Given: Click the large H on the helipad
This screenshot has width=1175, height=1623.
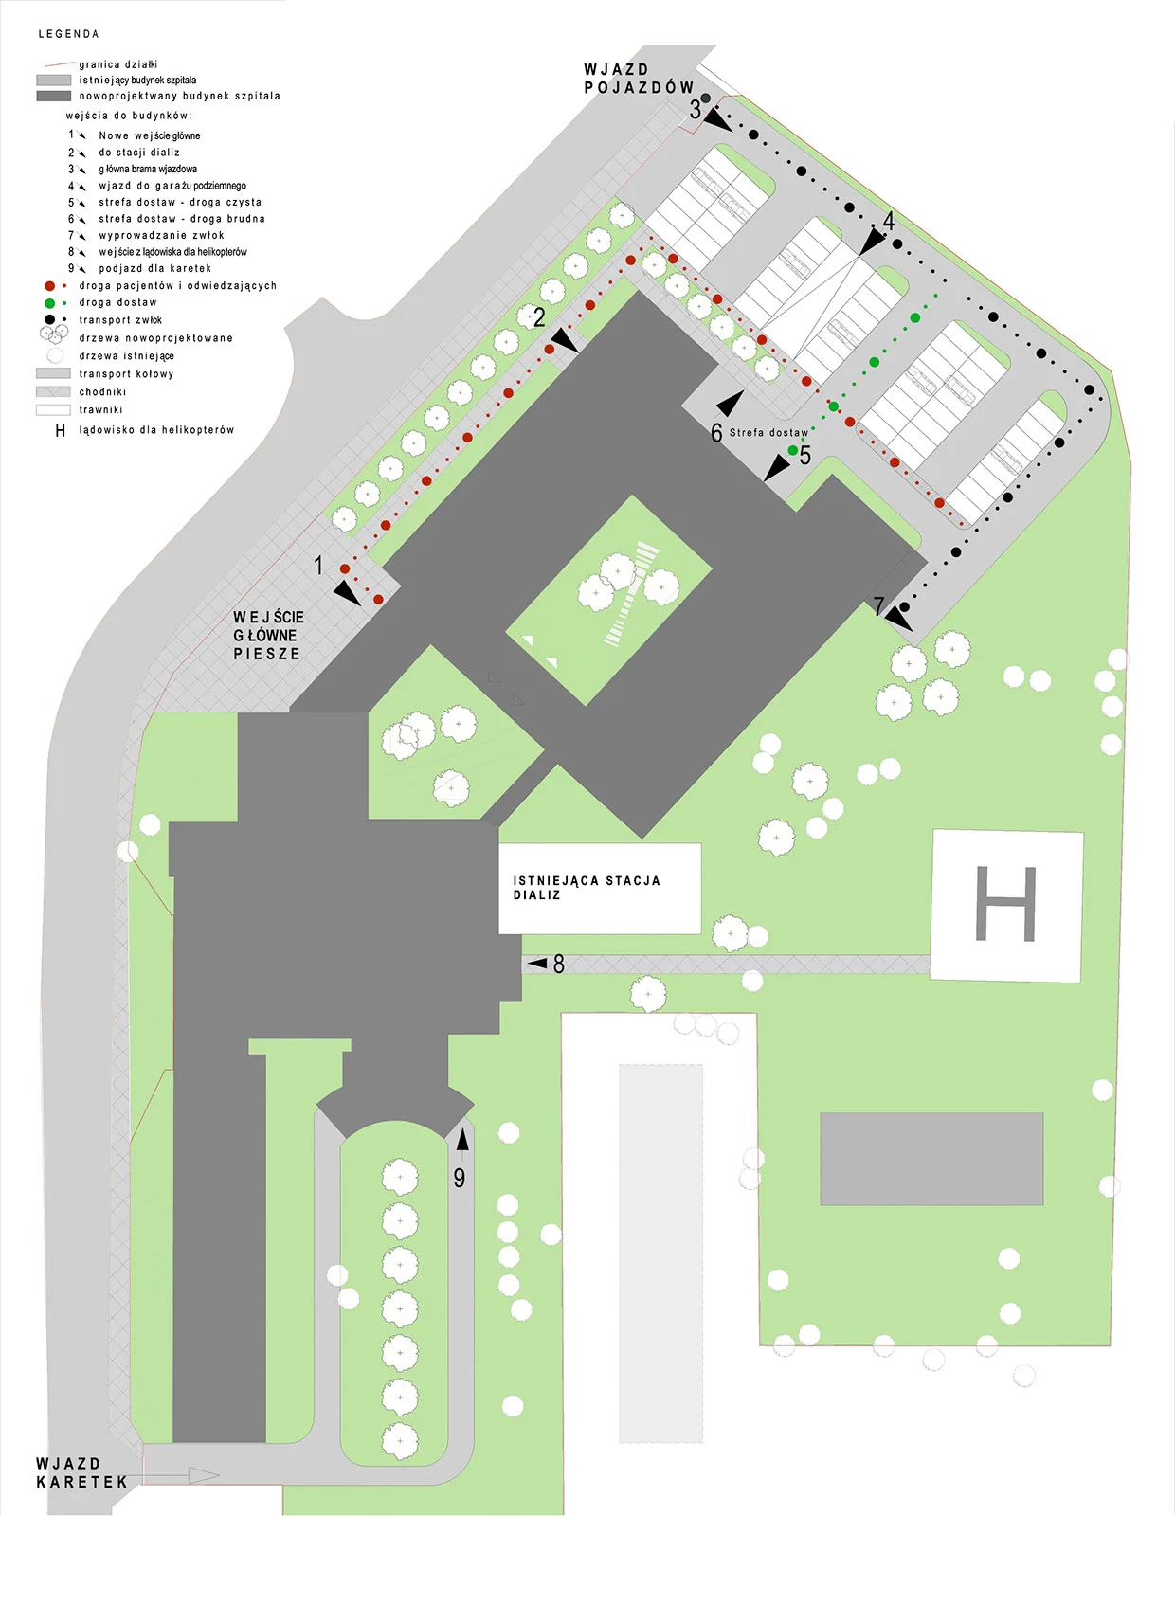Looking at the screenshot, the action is (x=1005, y=903).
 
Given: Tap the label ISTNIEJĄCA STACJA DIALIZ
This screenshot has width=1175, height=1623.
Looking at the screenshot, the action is (x=587, y=888).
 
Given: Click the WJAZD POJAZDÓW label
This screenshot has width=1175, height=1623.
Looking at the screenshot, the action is (x=639, y=79).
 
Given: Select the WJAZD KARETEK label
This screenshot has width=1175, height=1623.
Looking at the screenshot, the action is (x=81, y=1473).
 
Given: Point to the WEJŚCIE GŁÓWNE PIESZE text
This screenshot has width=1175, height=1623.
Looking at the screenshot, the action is (x=268, y=635).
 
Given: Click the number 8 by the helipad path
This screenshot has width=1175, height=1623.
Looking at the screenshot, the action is (x=559, y=965).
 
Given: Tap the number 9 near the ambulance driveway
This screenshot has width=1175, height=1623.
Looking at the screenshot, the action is (x=460, y=1178).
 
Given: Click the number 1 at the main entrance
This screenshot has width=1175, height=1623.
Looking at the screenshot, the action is (x=318, y=566).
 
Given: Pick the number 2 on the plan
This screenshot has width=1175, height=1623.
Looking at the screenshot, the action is (x=539, y=317).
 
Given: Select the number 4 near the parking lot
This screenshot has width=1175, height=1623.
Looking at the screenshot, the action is (x=889, y=221).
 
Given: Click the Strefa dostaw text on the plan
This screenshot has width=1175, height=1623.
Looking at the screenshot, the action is (x=768, y=433).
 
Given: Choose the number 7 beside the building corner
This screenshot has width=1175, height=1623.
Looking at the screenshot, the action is (x=878, y=605).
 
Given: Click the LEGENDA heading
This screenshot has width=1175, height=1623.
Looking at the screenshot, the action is (x=68, y=34).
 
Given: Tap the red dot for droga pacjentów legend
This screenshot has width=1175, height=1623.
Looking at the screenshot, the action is (x=49, y=285).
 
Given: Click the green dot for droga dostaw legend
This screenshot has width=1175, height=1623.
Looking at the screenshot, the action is (x=49, y=303).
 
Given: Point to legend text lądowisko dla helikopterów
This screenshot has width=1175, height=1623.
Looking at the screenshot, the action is (x=156, y=430).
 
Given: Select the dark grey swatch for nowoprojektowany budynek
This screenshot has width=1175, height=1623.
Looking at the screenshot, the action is (x=54, y=96).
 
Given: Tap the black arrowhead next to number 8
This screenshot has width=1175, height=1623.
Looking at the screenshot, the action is (x=538, y=964).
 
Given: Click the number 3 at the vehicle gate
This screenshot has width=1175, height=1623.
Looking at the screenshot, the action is (x=696, y=110).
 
